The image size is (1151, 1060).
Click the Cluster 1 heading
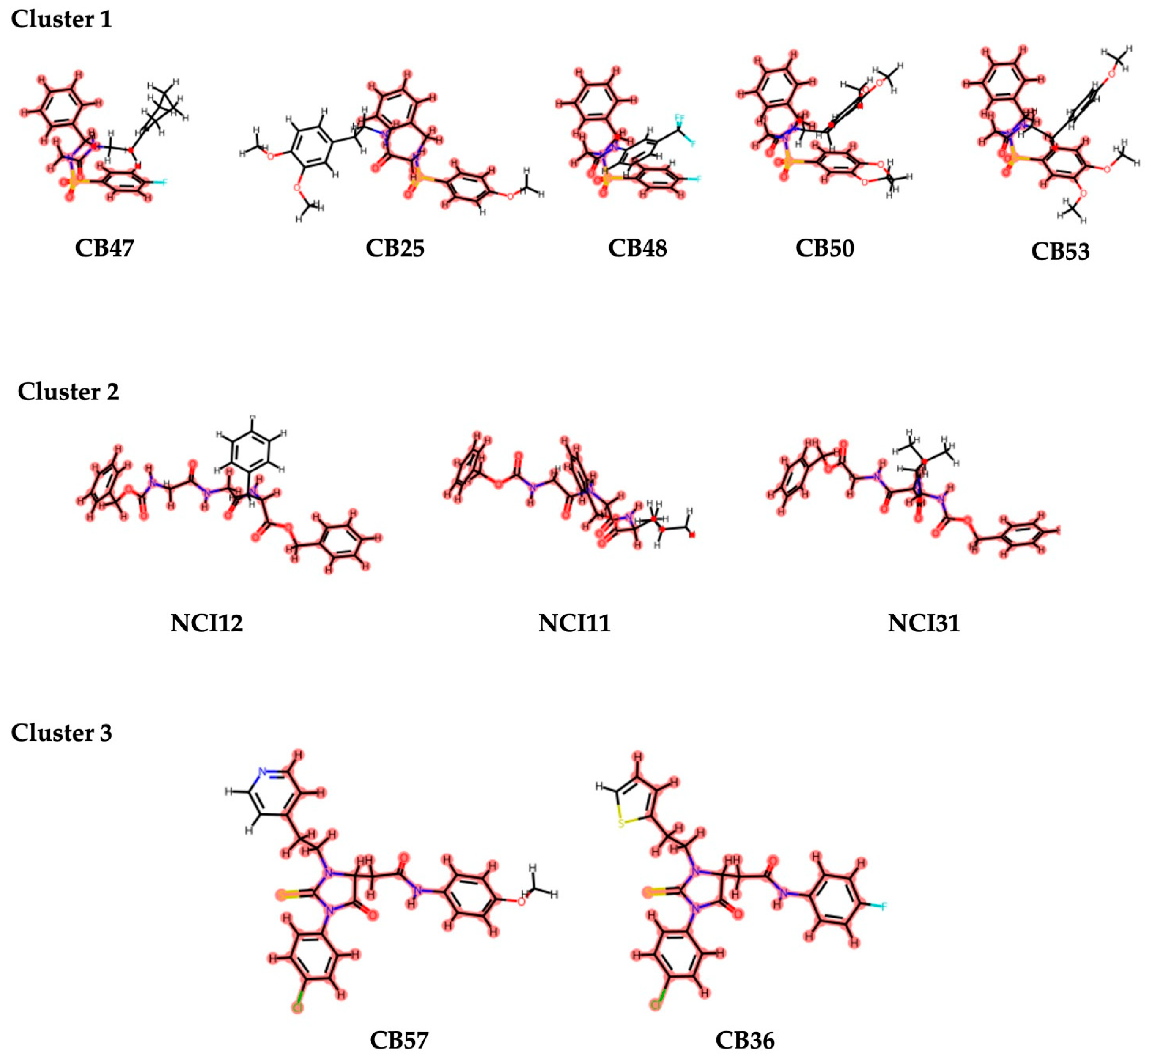tap(62, 19)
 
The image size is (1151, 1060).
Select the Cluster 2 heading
tap(68, 392)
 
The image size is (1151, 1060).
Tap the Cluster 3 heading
tap(62, 733)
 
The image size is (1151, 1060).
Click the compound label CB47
tap(104, 248)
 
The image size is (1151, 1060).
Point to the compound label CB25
tap(395, 248)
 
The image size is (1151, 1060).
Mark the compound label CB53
tap(1060, 251)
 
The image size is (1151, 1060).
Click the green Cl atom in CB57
tap(297, 1007)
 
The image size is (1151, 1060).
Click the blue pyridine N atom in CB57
tap(262, 772)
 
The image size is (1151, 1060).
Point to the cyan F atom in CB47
tap(164, 182)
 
